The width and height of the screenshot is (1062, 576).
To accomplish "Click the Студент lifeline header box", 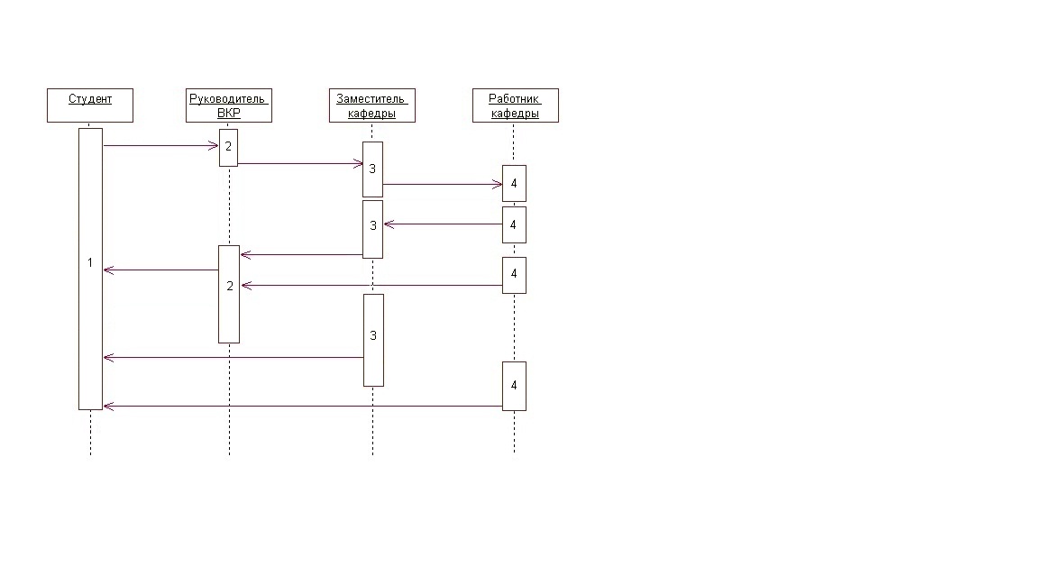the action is [90, 105].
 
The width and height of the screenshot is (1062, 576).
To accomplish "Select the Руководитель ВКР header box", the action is [229, 105].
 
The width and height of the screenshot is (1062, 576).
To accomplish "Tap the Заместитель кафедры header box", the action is [371, 105].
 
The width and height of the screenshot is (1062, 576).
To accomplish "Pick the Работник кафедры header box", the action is [516, 105].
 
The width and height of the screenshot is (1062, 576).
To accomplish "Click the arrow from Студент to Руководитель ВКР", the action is [161, 145].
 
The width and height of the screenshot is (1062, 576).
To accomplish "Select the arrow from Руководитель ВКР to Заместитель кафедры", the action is [301, 163].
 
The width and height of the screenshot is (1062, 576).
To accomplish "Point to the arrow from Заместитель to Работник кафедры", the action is [443, 184].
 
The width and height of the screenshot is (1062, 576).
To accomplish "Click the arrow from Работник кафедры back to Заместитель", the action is [443, 224].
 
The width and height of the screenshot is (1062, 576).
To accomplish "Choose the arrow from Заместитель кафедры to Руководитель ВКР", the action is [302, 255].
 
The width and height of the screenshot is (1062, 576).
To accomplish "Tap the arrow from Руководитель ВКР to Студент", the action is [161, 270].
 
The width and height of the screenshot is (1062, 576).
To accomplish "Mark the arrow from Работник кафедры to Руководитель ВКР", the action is [371, 286].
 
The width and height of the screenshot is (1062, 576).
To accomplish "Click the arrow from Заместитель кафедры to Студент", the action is [233, 357].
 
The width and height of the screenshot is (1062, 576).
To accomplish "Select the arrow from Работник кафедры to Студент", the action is [303, 407].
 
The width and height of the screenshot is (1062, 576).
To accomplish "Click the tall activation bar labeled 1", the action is [91, 269].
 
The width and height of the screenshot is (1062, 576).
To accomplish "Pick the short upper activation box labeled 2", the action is [228, 148].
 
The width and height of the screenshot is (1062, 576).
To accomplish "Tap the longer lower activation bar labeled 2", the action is [229, 295].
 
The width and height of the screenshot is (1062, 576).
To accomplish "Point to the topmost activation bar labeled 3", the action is [372, 169].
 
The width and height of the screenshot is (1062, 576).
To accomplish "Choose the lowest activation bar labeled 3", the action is [373, 341].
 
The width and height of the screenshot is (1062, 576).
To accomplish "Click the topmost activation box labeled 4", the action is [514, 183].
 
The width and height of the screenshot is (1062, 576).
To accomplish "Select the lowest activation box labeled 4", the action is [514, 386].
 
